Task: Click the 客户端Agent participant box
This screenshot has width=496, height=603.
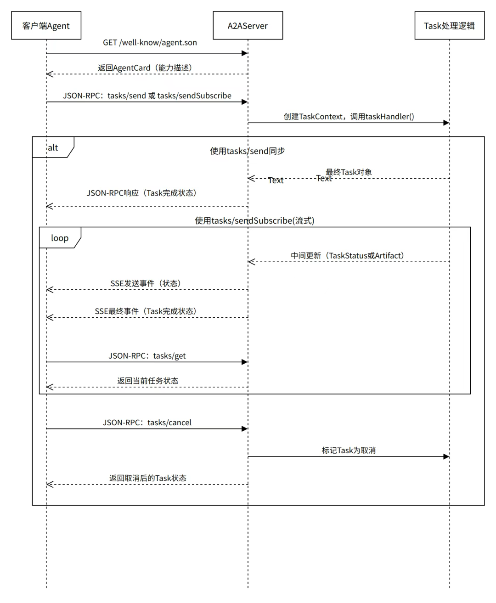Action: tap(46, 26)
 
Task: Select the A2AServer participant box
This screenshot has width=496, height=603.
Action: tap(248, 26)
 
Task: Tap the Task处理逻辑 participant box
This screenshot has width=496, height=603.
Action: tap(449, 26)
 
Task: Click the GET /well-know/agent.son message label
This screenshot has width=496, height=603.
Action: tap(150, 43)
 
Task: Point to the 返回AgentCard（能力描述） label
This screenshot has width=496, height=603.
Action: tap(145, 68)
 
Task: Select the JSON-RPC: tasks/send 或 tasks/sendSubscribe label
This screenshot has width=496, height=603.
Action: tap(147, 96)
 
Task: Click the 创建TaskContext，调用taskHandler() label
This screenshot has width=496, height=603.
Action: tap(349, 117)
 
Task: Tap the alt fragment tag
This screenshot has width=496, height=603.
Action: tap(53, 147)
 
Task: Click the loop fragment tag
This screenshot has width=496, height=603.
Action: tap(60, 238)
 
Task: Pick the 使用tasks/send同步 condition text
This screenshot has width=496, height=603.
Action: tap(248, 151)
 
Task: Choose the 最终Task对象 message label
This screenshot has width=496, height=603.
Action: tap(349, 172)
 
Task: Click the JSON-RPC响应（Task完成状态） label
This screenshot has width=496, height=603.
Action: tap(141, 193)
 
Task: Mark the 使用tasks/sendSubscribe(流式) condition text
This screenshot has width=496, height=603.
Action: tap(254, 221)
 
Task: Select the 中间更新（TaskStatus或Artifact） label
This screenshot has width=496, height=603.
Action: tap(347, 256)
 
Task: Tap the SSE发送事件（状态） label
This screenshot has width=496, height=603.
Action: tap(146, 284)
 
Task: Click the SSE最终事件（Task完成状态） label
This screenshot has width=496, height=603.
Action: tap(146, 311)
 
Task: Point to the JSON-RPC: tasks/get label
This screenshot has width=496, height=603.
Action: tap(147, 356)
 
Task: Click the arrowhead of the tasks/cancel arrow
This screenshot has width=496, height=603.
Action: tap(245, 429)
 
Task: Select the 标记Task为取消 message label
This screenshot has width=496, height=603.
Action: tap(349, 451)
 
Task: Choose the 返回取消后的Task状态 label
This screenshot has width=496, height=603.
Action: tap(147, 479)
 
